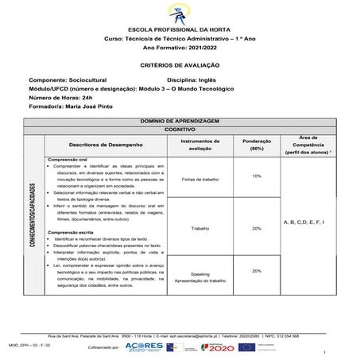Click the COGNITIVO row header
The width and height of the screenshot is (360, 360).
180,127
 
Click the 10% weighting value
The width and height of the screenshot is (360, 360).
257,176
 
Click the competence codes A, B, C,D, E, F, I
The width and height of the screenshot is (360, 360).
304,223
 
